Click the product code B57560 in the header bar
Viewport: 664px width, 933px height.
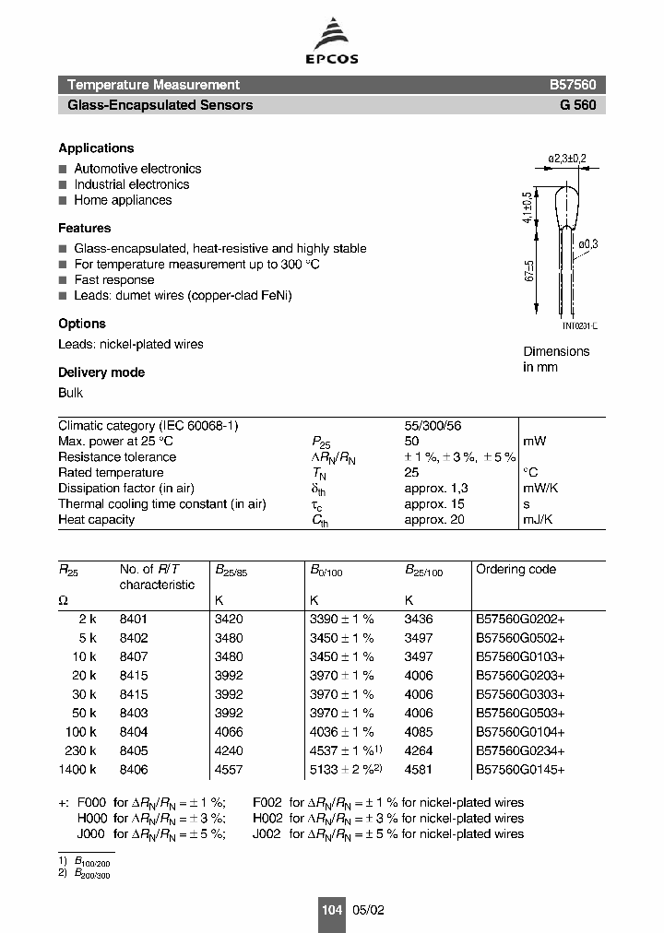coord(573,84)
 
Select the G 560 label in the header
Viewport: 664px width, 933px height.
coord(578,105)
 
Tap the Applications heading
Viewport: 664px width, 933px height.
coord(96,148)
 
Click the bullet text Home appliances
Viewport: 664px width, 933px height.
coord(123,200)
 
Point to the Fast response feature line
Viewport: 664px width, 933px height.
coord(114,280)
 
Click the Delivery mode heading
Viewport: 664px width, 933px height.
coord(101,372)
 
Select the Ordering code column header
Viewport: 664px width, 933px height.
coord(516,570)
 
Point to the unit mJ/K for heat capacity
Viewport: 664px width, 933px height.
coord(539,520)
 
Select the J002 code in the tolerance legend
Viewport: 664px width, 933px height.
coord(267,834)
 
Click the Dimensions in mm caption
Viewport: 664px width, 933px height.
coord(556,359)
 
